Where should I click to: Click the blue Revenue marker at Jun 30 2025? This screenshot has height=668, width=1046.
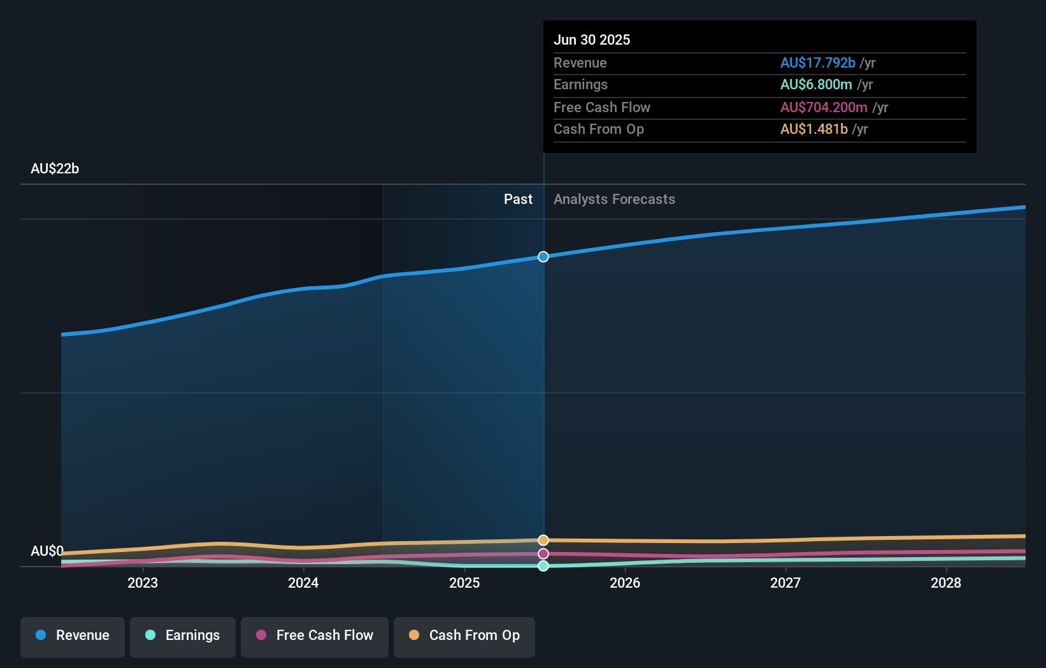543,257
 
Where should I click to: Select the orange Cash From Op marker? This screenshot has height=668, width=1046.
543,541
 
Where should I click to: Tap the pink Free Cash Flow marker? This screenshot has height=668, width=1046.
543,554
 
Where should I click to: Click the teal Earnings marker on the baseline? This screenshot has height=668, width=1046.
543,566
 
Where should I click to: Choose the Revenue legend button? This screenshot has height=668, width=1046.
73,636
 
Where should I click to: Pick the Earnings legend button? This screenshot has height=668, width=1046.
183,636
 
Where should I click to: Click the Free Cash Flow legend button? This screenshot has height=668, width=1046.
315,636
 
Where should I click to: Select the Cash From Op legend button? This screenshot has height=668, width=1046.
464,636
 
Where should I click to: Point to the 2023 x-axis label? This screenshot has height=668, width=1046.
143,583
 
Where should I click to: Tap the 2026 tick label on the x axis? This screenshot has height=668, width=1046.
625,583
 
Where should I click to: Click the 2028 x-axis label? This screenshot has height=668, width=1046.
946,583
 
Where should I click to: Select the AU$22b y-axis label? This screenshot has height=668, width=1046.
55,169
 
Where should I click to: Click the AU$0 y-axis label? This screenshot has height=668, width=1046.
47,551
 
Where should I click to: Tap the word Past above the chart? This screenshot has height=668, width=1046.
518,200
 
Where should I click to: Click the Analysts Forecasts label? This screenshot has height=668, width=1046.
614,200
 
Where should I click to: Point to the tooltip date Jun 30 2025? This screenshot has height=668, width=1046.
592,40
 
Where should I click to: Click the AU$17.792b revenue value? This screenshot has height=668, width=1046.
817,63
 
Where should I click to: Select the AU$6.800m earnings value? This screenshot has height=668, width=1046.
816,85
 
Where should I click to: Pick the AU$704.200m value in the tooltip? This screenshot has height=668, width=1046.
824,108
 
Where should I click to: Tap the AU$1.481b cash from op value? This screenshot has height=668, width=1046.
813,129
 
